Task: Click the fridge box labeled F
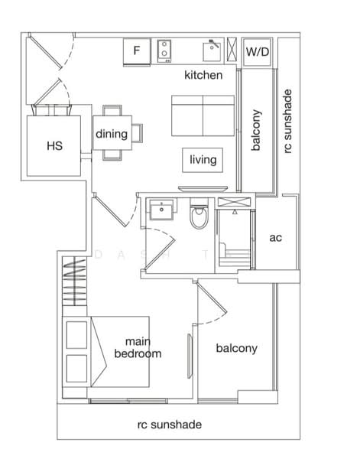click(137, 51)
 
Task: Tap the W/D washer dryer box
click(257, 51)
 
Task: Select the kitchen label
click(203, 75)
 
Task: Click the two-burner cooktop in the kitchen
click(164, 51)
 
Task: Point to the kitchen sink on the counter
click(212, 51)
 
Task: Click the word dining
click(112, 135)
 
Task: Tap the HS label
click(54, 145)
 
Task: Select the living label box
click(203, 160)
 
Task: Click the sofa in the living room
click(203, 116)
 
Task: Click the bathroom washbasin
click(161, 210)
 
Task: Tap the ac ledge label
click(276, 237)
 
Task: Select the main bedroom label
click(138, 348)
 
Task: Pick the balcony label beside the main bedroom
click(236, 348)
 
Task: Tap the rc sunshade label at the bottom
click(169, 425)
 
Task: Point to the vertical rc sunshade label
click(287, 122)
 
